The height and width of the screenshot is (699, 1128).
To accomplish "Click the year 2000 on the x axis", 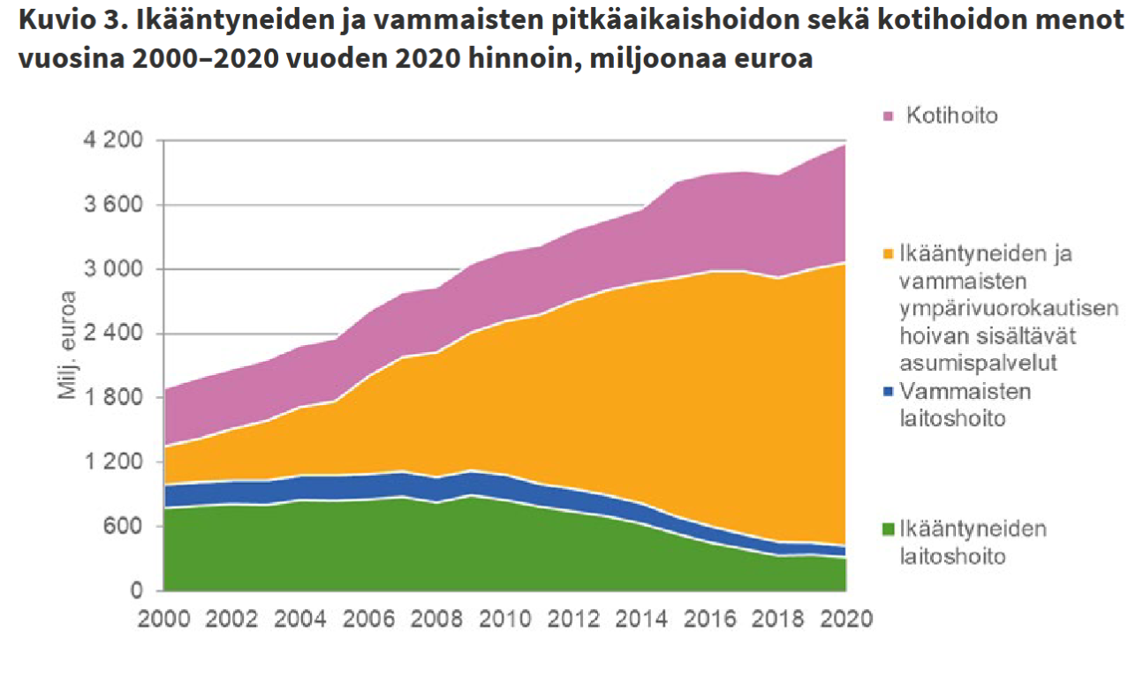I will coord(164,618).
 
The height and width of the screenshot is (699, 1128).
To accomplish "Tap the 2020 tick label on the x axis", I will coord(845,618).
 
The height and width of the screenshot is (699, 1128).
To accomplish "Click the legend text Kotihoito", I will coord(951,116).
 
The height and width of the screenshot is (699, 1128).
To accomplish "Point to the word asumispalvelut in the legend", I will coord(979,363).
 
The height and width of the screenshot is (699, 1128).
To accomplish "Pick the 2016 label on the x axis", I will coord(709,618).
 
